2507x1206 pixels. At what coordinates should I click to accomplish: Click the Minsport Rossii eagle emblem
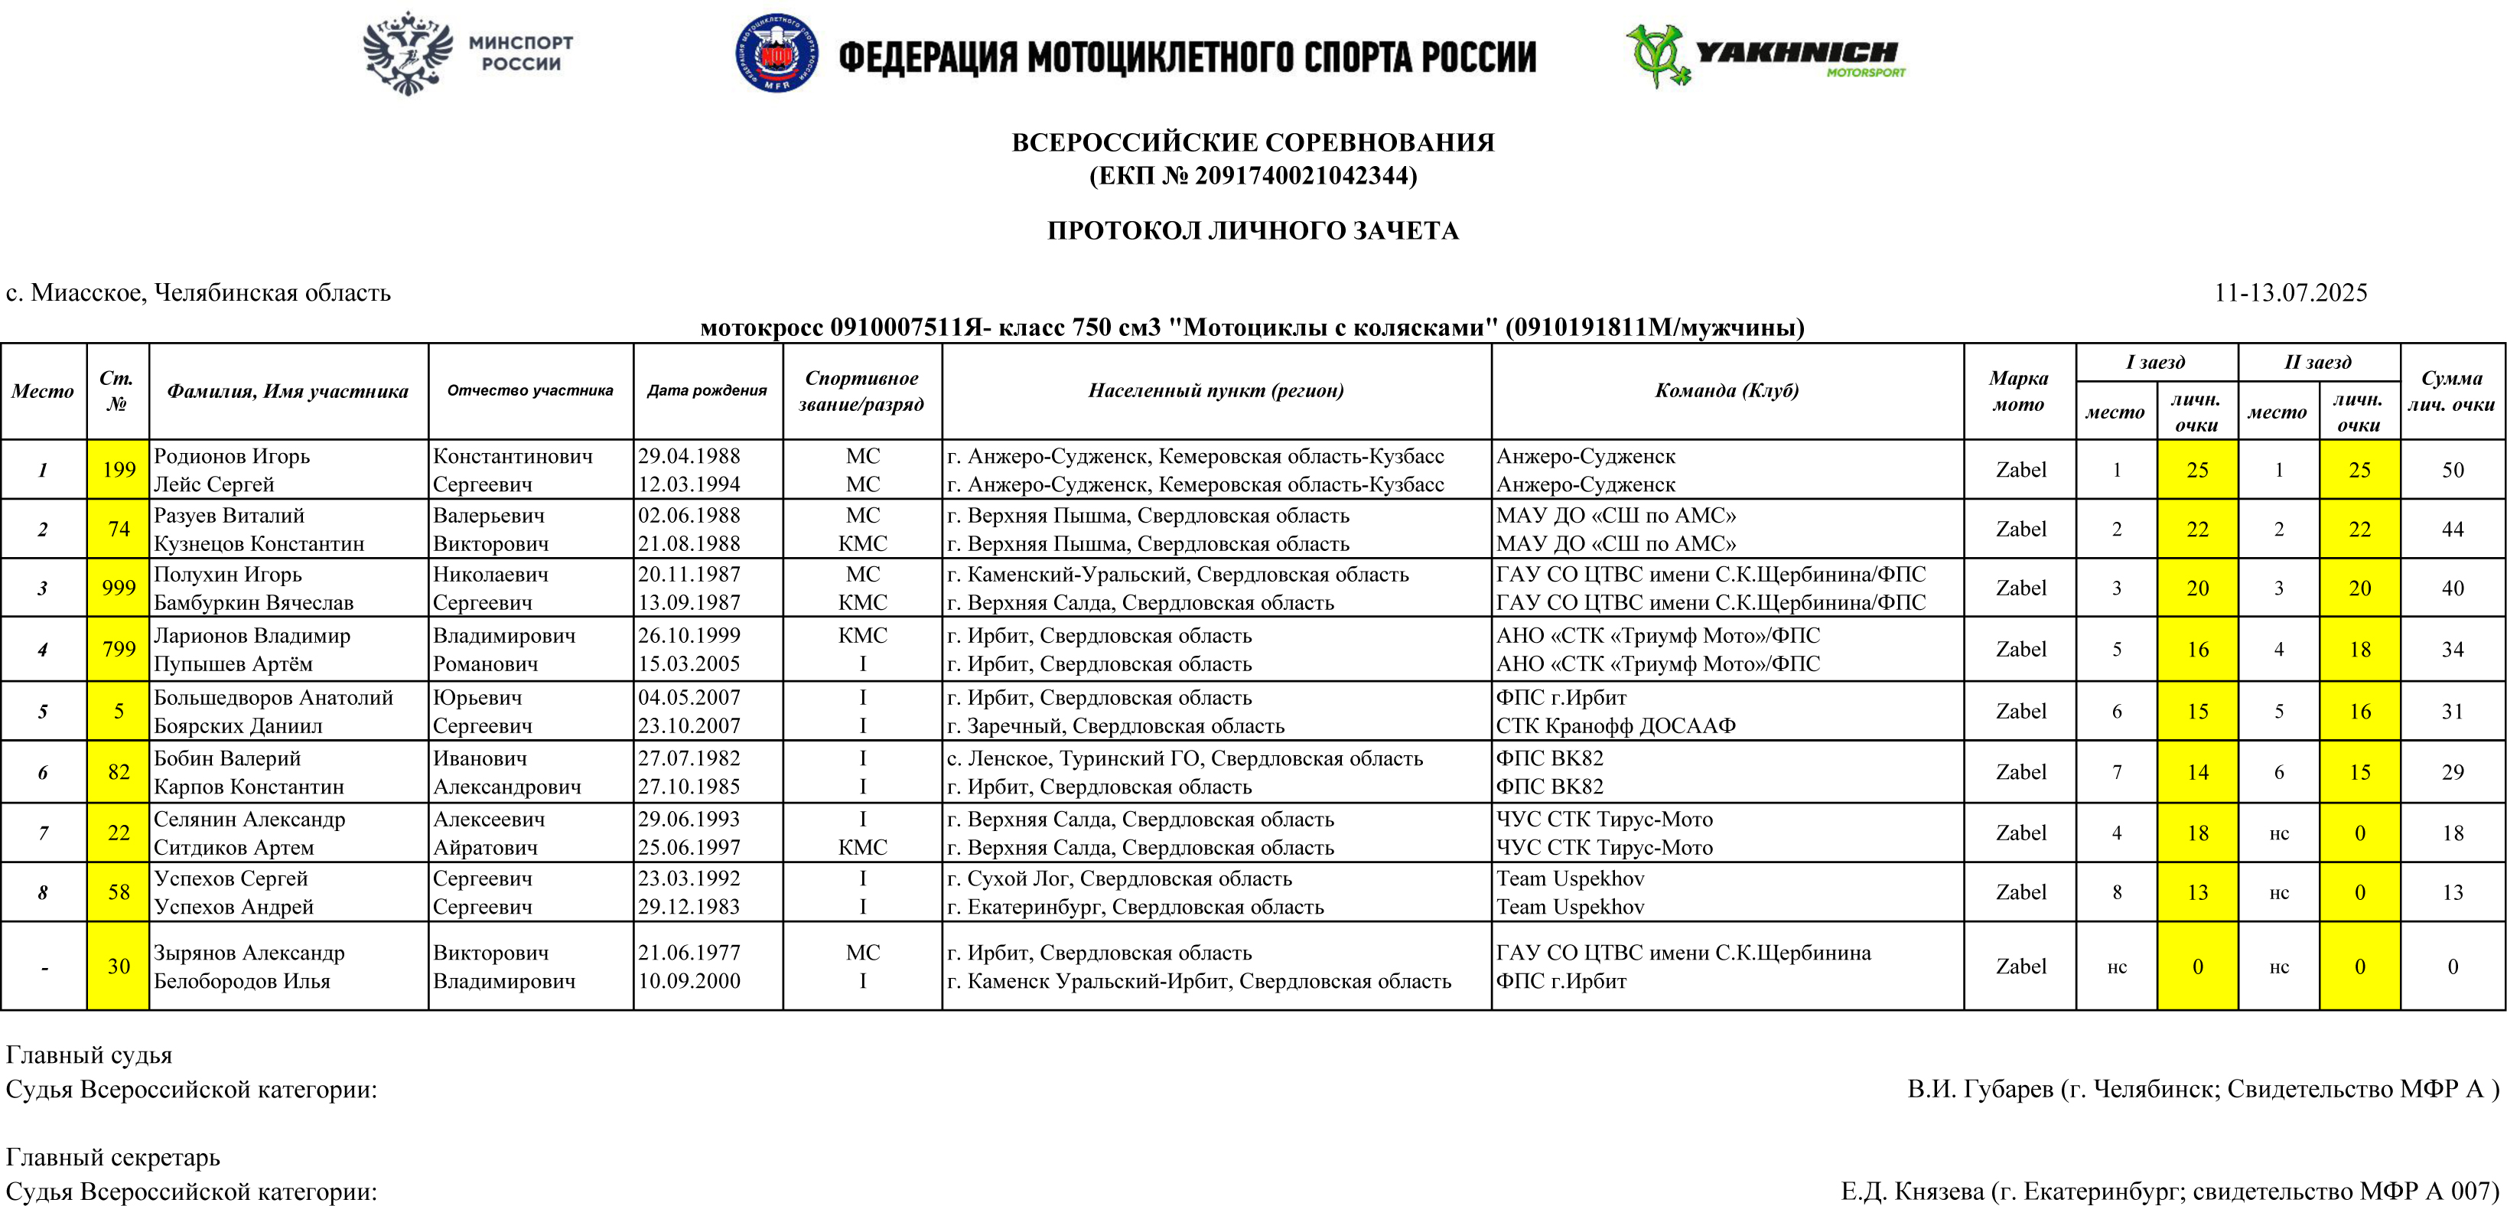tap(409, 53)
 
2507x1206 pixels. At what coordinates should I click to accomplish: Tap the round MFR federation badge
tap(776, 54)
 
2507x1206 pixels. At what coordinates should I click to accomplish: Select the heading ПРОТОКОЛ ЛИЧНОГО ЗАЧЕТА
tap(1252, 230)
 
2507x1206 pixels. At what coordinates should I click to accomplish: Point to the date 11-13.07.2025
tap(2290, 292)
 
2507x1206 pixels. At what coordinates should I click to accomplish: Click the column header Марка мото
tap(2018, 390)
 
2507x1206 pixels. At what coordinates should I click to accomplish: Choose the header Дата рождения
tap(707, 390)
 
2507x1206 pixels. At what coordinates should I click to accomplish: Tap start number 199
tap(119, 469)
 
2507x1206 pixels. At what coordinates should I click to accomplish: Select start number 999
tap(119, 588)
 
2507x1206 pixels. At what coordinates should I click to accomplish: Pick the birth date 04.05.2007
tap(689, 697)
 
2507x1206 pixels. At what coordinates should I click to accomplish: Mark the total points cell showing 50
tap(2453, 469)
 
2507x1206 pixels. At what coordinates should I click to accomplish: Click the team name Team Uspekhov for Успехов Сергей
tap(1570, 878)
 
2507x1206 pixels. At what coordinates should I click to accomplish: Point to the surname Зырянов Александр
tap(249, 952)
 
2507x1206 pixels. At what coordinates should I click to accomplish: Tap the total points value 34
tap(2453, 649)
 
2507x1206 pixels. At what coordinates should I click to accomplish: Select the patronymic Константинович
tap(512, 455)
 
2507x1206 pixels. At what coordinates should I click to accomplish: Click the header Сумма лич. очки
tap(2451, 390)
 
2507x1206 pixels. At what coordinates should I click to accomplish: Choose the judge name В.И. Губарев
tap(1980, 1088)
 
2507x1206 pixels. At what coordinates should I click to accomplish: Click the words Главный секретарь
tap(113, 1156)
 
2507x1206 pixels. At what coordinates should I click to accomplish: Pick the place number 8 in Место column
tap(43, 892)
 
